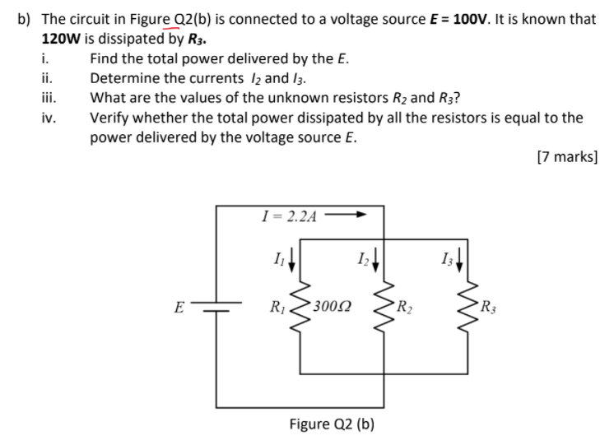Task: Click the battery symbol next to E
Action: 216,311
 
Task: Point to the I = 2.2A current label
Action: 287,216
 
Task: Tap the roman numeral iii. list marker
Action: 49,99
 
